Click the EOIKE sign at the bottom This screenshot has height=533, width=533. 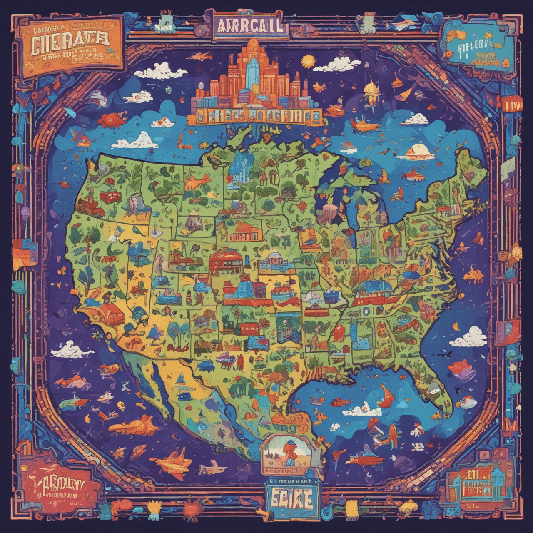coord(291,496)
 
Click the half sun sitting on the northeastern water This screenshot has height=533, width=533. coord(418,151)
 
